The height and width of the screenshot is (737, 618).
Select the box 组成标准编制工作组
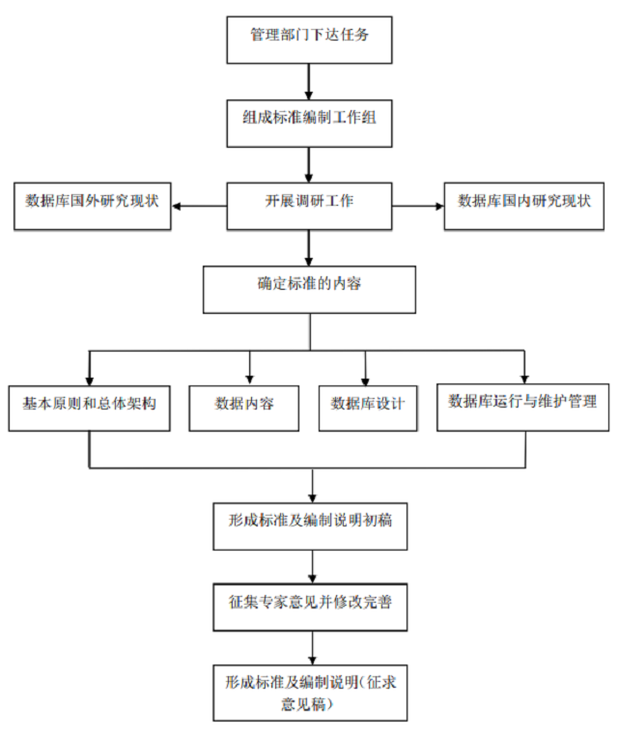click(x=309, y=123)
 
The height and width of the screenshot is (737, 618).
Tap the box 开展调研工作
click(x=309, y=205)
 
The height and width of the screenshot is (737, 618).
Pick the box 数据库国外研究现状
click(x=92, y=205)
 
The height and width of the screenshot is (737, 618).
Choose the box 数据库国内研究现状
click(x=525, y=205)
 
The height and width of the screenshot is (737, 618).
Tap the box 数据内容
click(x=244, y=406)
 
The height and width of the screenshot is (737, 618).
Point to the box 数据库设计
click(x=368, y=406)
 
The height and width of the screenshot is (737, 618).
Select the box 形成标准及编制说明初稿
click(x=309, y=524)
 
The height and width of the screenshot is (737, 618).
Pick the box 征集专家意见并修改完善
click(x=309, y=607)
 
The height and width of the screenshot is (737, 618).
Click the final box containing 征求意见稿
click(x=309, y=692)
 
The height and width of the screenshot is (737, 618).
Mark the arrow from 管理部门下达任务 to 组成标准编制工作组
click(x=309, y=80)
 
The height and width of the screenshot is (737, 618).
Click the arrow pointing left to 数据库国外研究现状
click(x=199, y=205)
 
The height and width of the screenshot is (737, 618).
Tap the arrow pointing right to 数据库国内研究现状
click(x=417, y=205)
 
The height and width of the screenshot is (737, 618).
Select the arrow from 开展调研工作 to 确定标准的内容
click(x=309, y=247)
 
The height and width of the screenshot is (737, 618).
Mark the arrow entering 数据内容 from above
click(x=250, y=367)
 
